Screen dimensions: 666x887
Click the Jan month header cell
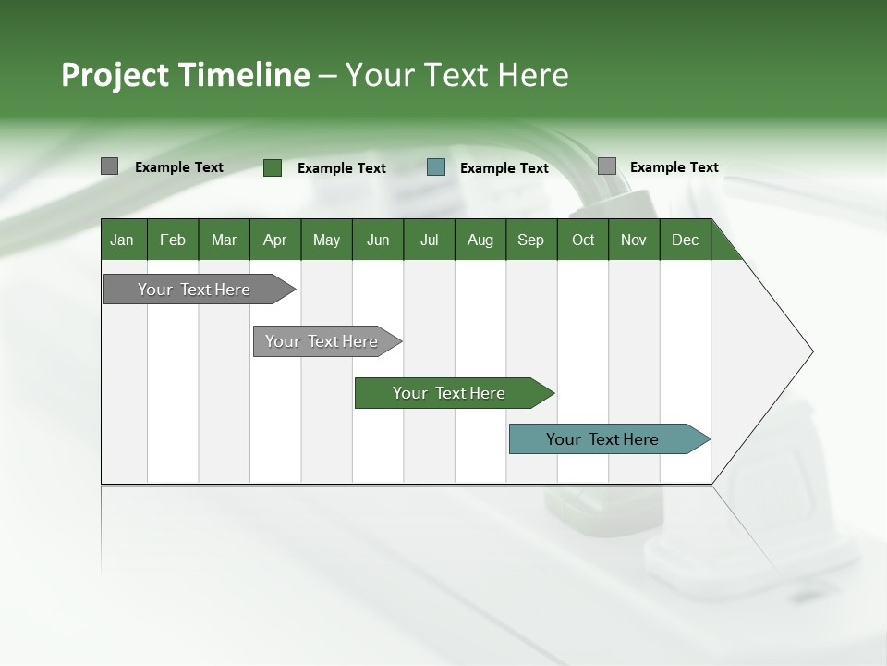(x=122, y=240)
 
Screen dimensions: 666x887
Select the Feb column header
(x=173, y=240)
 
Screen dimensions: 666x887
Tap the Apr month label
(x=274, y=240)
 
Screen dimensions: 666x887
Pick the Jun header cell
(x=378, y=240)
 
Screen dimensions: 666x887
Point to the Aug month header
(x=480, y=240)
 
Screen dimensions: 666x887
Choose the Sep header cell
(x=530, y=240)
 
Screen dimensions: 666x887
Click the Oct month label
(x=583, y=240)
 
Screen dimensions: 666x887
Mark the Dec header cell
(x=685, y=240)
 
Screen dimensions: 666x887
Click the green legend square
(x=273, y=167)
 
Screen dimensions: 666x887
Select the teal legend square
(x=436, y=167)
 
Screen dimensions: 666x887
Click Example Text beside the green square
(x=341, y=168)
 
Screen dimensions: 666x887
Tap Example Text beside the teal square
(x=504, y=168)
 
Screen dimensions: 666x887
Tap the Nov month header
(x=634, y=240)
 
